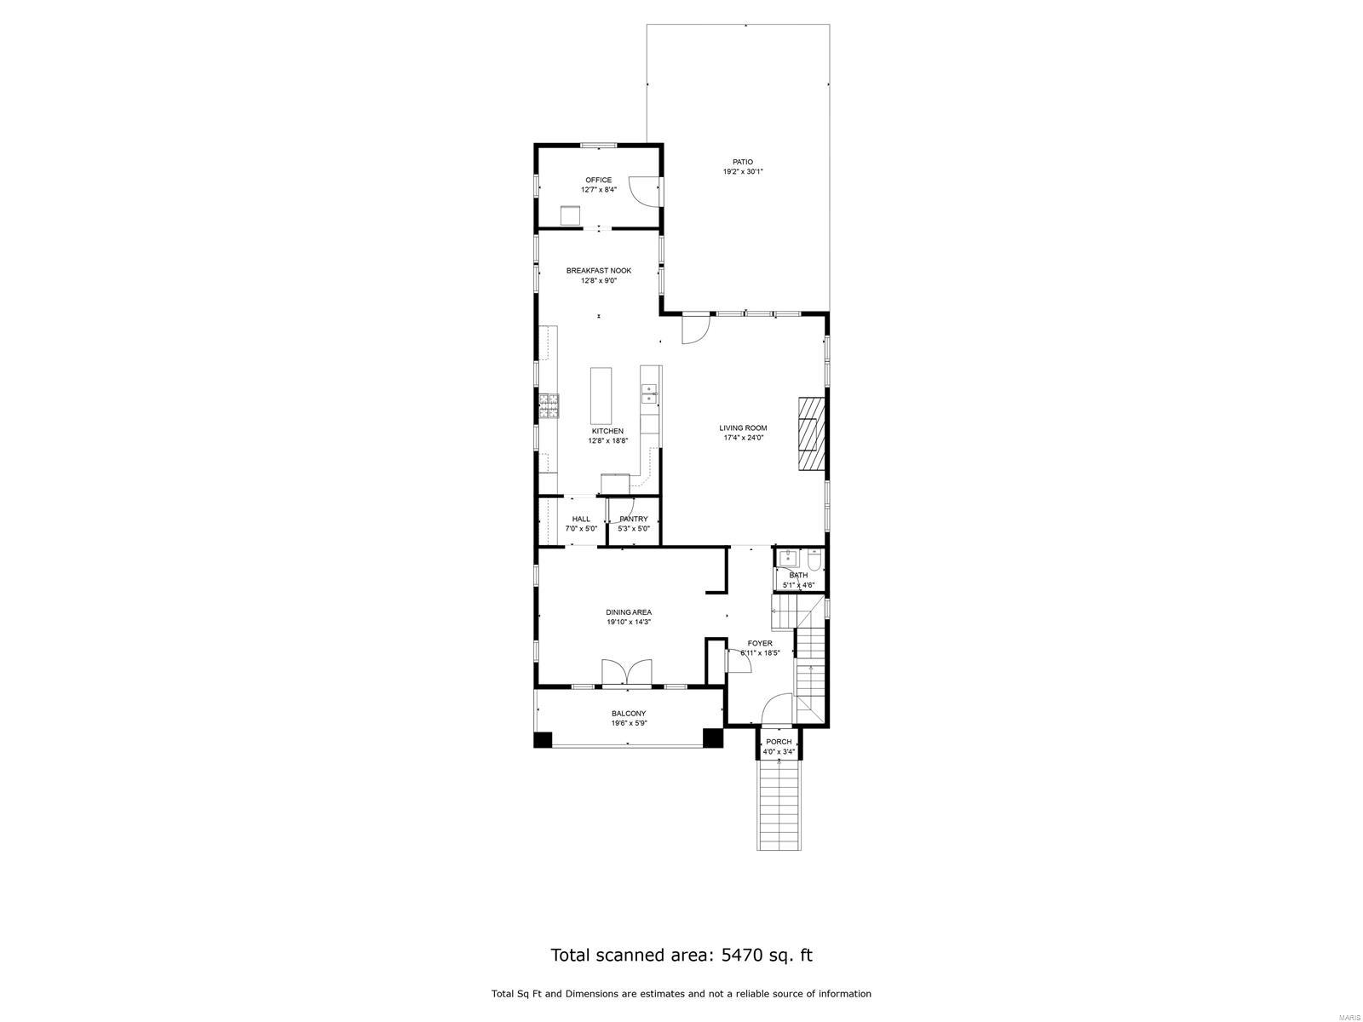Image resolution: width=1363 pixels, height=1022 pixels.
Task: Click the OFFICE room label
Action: coord(598,180)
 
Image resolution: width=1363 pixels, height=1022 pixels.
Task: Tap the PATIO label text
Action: coord(743,162)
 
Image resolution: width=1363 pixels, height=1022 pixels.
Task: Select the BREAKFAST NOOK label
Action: coord(599,271)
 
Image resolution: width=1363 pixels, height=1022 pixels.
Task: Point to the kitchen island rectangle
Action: coord(601,396)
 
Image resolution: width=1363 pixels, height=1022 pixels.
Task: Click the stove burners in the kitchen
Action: coord(549,406)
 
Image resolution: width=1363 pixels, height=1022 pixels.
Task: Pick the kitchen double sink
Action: coord(649,393)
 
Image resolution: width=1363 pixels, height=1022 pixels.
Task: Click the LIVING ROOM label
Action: coord(743,428)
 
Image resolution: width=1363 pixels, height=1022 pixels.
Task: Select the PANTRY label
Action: coord(634,519)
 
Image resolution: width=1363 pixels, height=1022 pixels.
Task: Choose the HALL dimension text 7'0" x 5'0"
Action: coord(581,529)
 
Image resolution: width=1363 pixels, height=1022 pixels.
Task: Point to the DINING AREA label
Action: coord(629,611)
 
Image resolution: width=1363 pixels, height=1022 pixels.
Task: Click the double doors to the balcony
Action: coord(627,672)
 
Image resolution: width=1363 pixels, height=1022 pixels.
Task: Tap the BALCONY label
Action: coord(629,714)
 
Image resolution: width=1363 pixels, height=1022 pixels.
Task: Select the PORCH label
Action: coord(779,742)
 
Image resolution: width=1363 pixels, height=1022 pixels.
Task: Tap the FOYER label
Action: coord(760,643)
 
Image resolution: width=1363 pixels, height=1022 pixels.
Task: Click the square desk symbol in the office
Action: coord(570,215)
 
